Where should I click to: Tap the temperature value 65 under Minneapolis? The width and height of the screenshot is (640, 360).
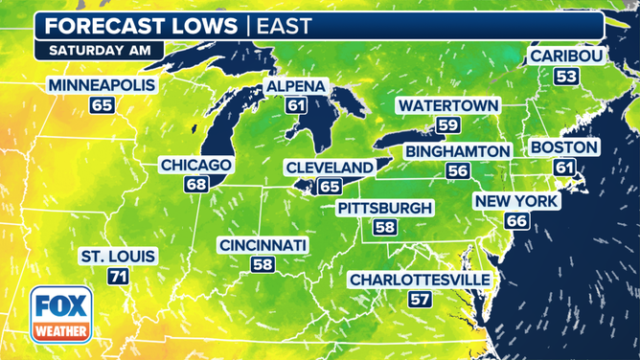click(x=102, y=105)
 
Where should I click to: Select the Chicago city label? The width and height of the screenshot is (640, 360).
click(x=195, y=165)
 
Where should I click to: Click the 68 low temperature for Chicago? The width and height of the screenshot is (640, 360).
click(x=195, y=183)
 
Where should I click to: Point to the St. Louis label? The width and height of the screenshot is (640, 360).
click(x=118, y=257)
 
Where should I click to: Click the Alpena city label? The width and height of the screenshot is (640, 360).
click(x=296, y=87)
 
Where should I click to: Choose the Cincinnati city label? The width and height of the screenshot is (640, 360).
click(x=263, y=246)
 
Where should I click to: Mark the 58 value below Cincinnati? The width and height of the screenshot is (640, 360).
click(x=263, y=264)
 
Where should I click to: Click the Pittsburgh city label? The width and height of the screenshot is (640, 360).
click(x=384, y=208)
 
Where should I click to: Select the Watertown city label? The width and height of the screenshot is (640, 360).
click(x=444, y=104)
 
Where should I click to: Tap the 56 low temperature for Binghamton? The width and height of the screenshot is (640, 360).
click(x=458, y=170)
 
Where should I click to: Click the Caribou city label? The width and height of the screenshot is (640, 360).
click(x=566, y=56)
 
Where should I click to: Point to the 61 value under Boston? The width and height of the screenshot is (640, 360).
click(x=564, y=167)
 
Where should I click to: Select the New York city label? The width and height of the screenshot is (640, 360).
click(x=515, y=201)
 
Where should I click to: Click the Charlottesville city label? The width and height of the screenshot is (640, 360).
click(x=420, y=280)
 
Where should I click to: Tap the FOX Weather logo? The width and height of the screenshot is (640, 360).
click(x=61, y=315)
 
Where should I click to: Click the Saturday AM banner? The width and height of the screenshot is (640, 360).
click(x=99, y=48)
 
